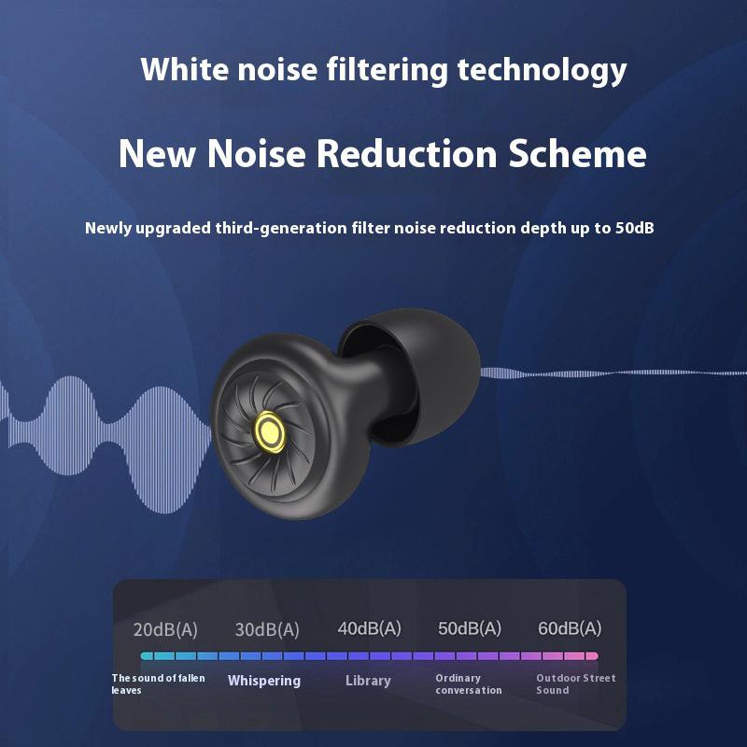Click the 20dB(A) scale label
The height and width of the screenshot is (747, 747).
tap(165, 630)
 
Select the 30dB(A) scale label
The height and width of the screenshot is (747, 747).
tap(267, 630)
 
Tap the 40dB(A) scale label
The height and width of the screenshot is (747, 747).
tap(369, 628)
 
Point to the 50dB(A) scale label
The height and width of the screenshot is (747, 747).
tap(470, 628)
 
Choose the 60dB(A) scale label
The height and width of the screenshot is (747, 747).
tap(570, 628)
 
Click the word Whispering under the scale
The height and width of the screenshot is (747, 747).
tap(264, 681)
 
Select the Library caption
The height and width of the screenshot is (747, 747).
tap(368, 681)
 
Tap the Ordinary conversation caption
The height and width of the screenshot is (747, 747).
tap(469, 684)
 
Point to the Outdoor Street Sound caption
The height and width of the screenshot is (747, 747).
tap(575, 684)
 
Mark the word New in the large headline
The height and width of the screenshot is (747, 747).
tap(156, 154)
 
